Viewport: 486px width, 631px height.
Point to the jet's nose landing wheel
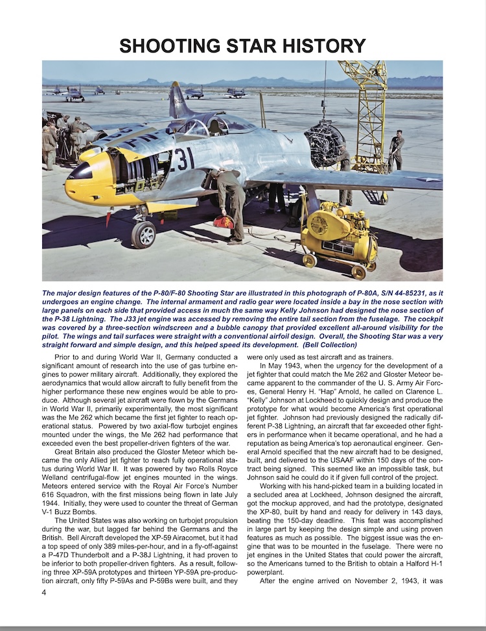[x=143, y=234]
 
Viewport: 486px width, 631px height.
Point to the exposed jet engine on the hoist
[x=325, y=144]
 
